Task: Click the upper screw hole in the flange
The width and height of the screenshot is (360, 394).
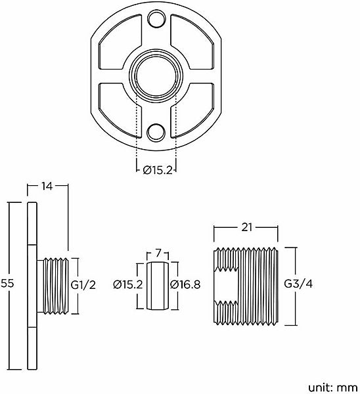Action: [156, 18]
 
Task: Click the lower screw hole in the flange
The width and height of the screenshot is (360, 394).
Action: [156, 132]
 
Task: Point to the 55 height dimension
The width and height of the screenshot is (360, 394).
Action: [9, 284]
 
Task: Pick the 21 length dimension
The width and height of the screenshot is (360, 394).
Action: [246, 228]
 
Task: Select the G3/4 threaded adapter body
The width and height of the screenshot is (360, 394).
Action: [246, 285]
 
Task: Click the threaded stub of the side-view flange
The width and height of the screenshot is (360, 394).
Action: [55, 286]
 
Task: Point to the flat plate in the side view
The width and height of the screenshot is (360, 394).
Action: [30, 286]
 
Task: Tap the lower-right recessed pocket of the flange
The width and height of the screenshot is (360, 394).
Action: [194, 105]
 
